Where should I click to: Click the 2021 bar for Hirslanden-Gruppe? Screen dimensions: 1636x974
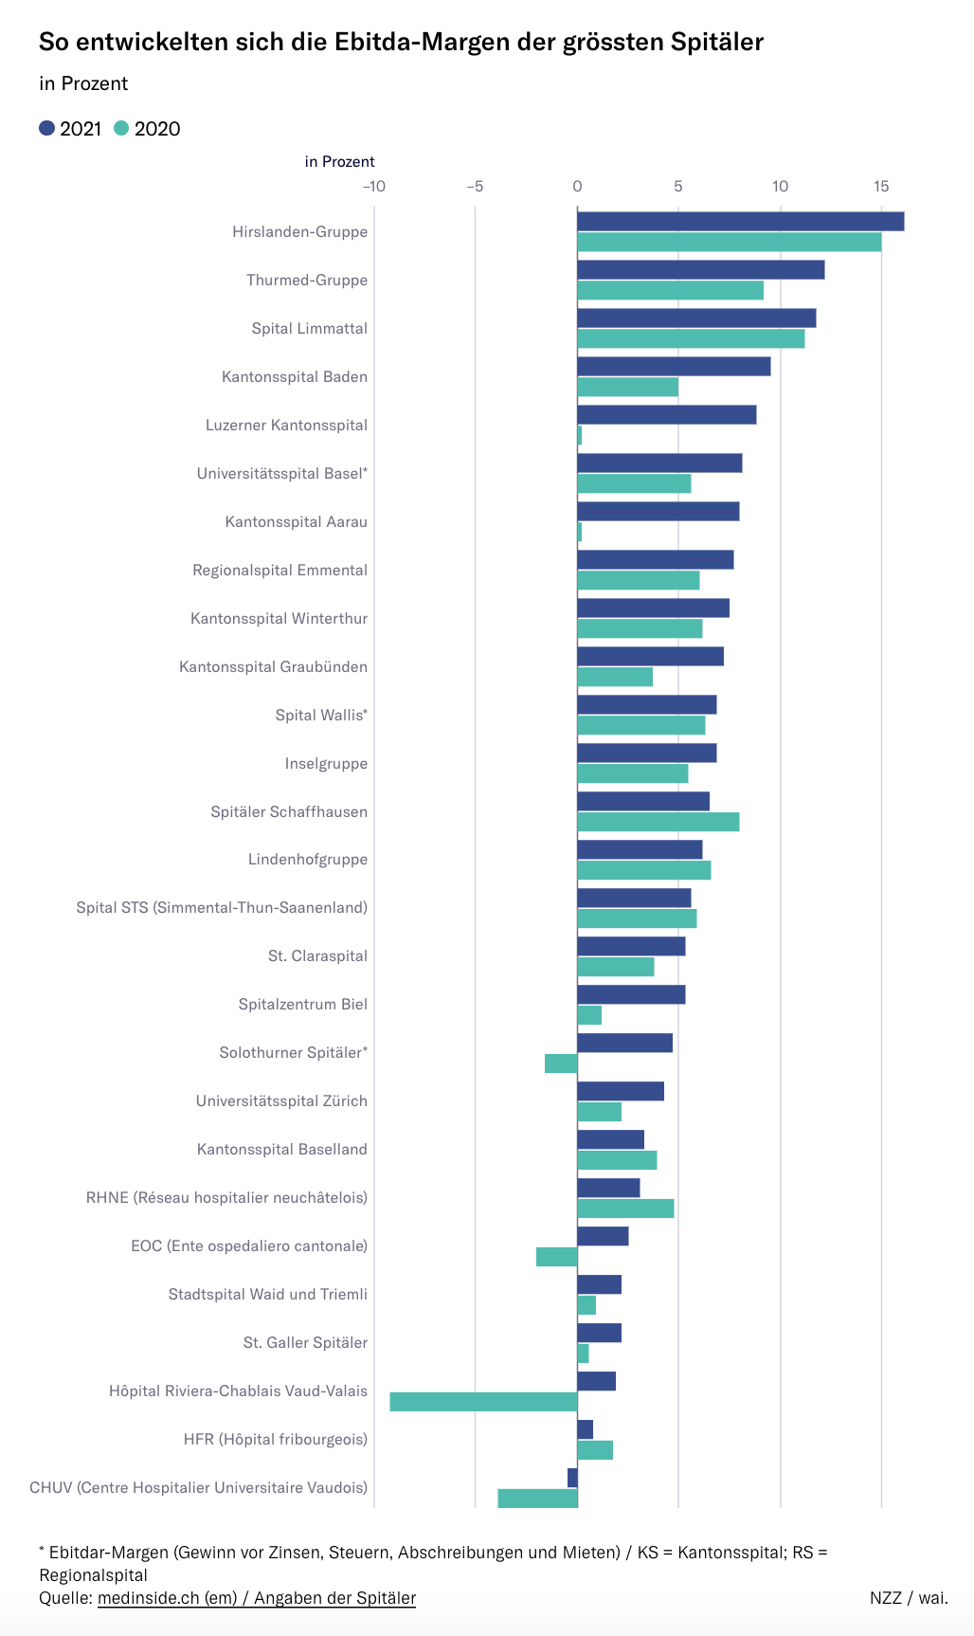point(740,222)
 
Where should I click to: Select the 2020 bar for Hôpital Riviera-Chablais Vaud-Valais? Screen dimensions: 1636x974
point(483,1402)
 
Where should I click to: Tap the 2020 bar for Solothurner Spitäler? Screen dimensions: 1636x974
point(561,1063)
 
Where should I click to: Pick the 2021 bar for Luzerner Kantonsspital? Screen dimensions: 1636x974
point(666,415)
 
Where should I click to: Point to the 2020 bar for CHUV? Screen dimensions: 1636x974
point(537,1499)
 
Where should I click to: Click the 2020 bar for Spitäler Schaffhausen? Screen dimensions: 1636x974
point(658,822)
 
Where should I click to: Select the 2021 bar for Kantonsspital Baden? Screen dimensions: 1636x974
point(674,367)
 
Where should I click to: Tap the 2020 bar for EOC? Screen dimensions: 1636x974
point(556,1257)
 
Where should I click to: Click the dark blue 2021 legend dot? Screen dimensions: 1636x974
point(46,129)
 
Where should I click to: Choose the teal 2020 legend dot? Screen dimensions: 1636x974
point(121,129)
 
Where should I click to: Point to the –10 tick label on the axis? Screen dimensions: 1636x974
point(374,186)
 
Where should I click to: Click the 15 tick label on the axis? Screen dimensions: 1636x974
point(881,186)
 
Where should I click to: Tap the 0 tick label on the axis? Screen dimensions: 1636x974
point(577,186)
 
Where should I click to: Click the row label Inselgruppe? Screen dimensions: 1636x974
point(326,763)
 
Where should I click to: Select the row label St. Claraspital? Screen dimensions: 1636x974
point(317,955)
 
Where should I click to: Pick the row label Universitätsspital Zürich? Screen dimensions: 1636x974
point(281,1100)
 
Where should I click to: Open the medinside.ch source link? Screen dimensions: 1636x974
point(256,1598)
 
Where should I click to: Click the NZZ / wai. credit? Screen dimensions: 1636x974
point(908,1598)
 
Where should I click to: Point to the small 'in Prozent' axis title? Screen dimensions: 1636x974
point(339,162)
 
